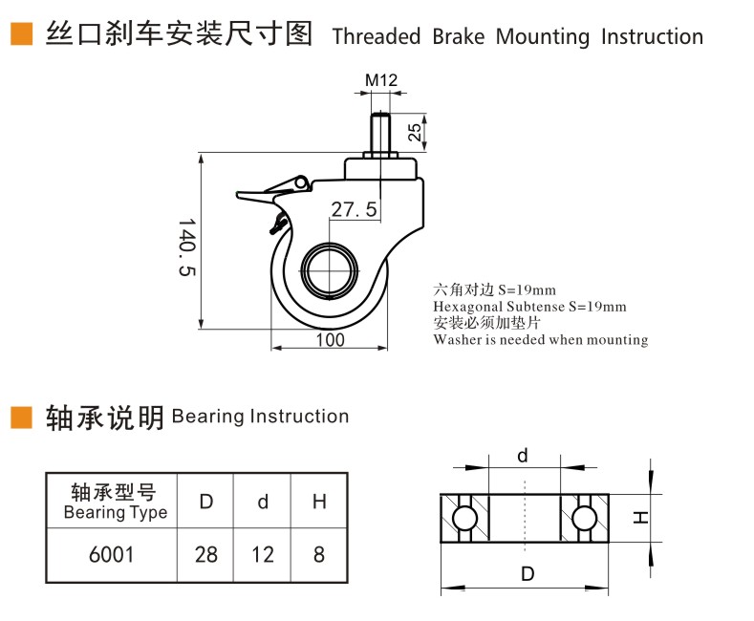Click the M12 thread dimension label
[381, 80]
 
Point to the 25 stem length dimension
[415, 132]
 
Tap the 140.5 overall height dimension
[187, 247]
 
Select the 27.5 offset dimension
[354, 209]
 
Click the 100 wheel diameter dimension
[330, 340]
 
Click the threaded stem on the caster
[380, 132]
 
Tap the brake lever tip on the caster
[239, 195]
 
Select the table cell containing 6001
[112, 555]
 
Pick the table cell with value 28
[205, 555]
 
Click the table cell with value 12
[263, 555]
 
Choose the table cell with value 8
[319, 555]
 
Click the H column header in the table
[319, 502]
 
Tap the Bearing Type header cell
[112, 502]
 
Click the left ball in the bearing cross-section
[464, 518]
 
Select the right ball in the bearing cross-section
[584, 518]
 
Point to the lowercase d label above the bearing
[523, 455]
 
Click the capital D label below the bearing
[528, 573]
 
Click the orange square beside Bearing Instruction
[21, 418]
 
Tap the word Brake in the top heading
[459, 36]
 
